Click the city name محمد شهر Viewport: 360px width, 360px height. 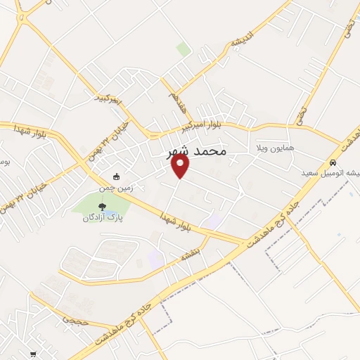pos(198,151)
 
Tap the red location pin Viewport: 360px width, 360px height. pos(181,165)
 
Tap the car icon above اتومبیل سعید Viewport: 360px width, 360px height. pos(332,162)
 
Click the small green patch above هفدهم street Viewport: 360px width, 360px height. pos(184,49)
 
